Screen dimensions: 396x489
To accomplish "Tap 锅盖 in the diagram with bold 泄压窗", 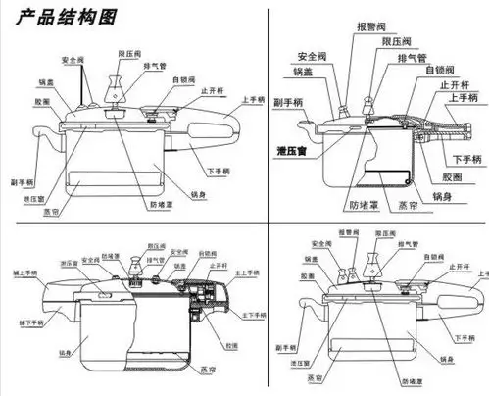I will (x=303, y=72).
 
